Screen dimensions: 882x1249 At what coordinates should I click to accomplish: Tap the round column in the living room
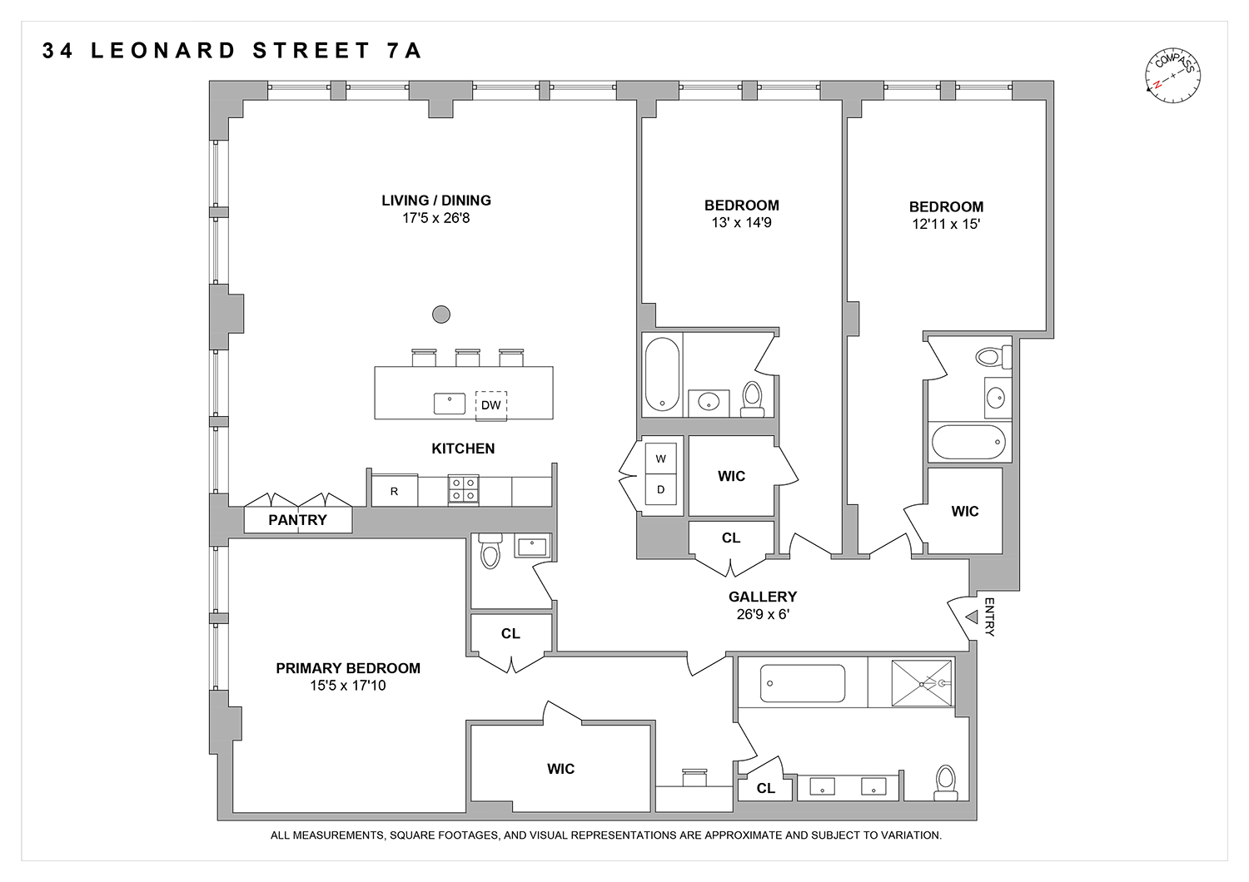point(441,315)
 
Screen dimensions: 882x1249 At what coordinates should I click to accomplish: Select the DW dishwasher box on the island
point(491,404)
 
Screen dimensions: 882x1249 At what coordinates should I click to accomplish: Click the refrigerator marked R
point(394,491)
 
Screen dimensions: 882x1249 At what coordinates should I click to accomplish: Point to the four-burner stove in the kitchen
point(464,489)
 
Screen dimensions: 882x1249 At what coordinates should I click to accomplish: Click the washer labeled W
point(661,458)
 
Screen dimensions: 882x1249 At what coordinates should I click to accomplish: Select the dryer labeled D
point(661,489)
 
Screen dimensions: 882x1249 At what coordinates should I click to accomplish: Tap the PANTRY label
point(297,520)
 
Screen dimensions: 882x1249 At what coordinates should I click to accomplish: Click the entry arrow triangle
point(972,617)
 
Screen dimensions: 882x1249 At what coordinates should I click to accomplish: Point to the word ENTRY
point(989,617)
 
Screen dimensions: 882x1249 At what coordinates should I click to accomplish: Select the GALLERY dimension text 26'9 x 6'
point(763,615)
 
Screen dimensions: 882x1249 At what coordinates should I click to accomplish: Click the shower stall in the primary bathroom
point(922,683)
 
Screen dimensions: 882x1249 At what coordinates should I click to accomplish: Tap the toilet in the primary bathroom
point(945,782)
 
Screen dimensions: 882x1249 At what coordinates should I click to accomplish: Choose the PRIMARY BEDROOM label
point(348,668)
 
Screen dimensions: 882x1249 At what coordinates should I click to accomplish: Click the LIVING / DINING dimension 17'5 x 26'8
point(435,218)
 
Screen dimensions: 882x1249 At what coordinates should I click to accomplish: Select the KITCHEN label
point(463,448)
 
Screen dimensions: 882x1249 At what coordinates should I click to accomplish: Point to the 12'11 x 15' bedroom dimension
point(946,224)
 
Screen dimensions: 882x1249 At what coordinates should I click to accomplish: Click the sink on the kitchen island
point(450,404)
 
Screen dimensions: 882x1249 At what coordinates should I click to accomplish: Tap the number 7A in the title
point(404,51)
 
